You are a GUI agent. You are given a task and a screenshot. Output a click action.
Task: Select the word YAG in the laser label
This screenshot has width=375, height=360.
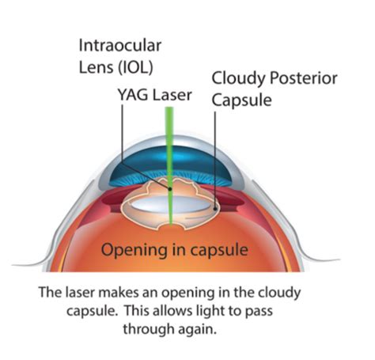pyautogui.click(x=130, y=95)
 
